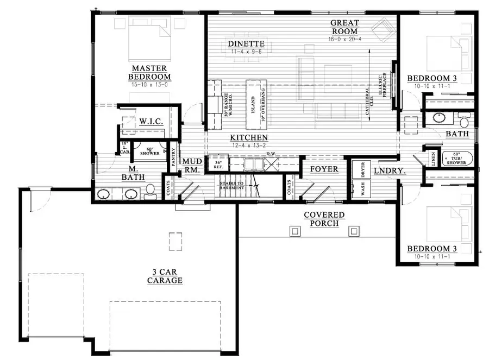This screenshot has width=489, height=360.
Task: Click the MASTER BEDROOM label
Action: (x=151, y=72)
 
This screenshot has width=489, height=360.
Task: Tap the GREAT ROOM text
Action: (x=345, y=27)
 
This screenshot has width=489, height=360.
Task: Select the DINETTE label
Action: (x=246, y=44)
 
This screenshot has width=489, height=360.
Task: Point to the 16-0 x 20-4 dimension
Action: (x=345, y=39)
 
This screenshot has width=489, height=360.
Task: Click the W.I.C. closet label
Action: (x=152, y=121)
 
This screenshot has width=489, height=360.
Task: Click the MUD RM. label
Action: (x=192, y=166)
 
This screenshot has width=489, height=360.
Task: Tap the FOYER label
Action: (x=324, y=169)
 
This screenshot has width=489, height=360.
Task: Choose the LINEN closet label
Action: (x=432, y=159)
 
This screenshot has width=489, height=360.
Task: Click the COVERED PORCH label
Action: (x=324, y=219)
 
